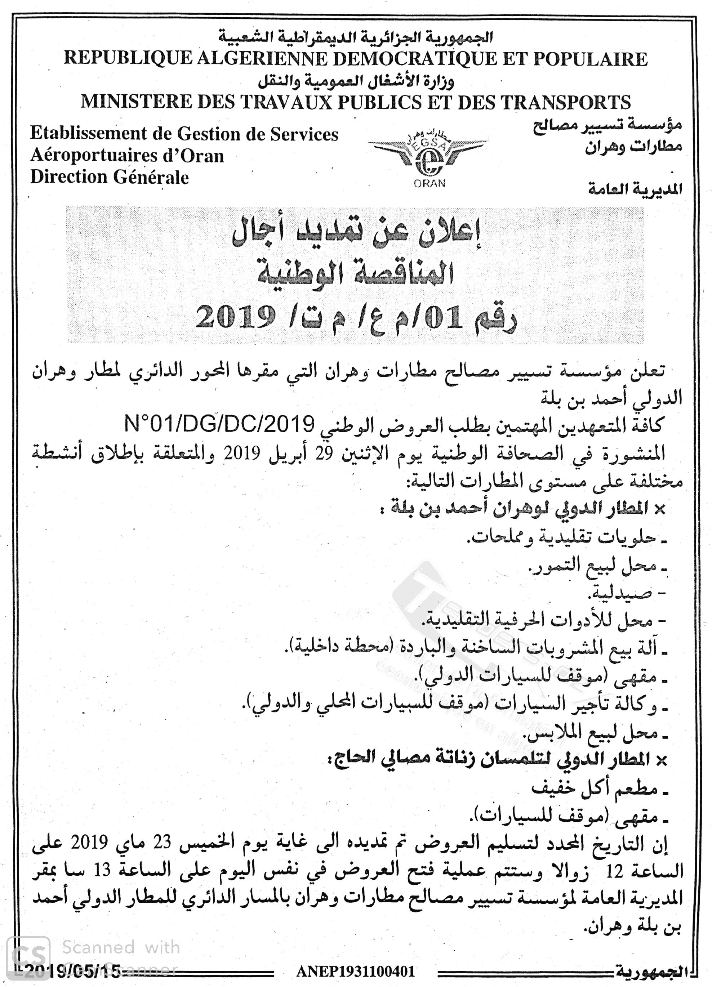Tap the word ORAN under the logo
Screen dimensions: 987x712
click(430, 184)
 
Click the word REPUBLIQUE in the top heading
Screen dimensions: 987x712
click(128, 58)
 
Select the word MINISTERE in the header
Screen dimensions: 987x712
click(136, 102)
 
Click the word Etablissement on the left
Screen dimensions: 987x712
click(88, 134)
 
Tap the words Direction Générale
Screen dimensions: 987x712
click(109, 177)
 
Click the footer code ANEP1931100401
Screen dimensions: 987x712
click(356, 971)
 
